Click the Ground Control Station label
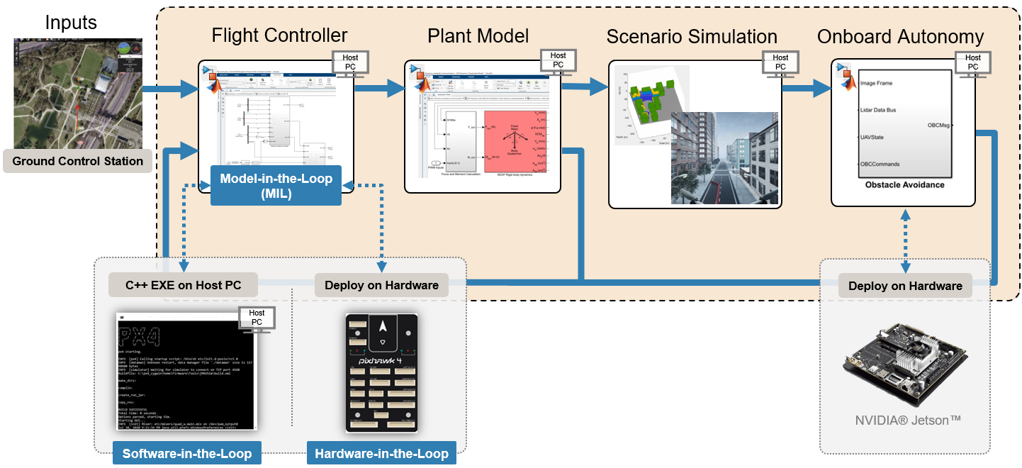point(78,161)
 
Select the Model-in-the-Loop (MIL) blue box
point(276,186)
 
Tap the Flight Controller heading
point(279,35)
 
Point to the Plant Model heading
point(478,36)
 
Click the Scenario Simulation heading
point(692,37)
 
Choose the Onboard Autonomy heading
point(900,37)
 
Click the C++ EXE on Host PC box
point(183,285)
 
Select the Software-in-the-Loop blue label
point(187,453)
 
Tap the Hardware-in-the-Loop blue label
point(381,453)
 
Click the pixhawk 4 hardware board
point(382,372)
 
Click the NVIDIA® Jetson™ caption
point(907,420)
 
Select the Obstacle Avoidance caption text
point(904,184)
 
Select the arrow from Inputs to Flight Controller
point(170,90)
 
